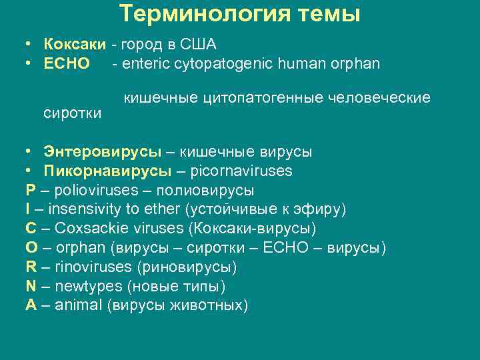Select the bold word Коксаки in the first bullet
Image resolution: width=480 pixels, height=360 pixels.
[75, 45]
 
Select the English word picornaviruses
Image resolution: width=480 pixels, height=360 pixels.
[241, 171]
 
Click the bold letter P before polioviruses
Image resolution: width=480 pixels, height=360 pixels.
[29, 190]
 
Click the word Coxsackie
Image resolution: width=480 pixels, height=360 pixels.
[84, 229]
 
